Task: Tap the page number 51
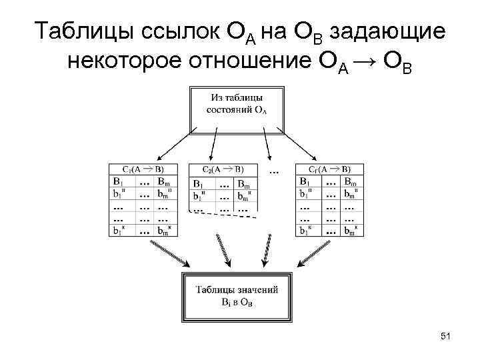tap(445, 337)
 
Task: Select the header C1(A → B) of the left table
tap(144, 169)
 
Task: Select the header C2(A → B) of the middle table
tap(223, 169)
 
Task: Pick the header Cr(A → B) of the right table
tap(329, 169)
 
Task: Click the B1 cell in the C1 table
tap(118, 181)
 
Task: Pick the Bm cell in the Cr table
tap(351, 181)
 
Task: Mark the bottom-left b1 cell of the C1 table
tap(118, 231)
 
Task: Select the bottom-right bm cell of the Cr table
tap(351, 231)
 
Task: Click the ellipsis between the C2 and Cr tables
tap(274, 171)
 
